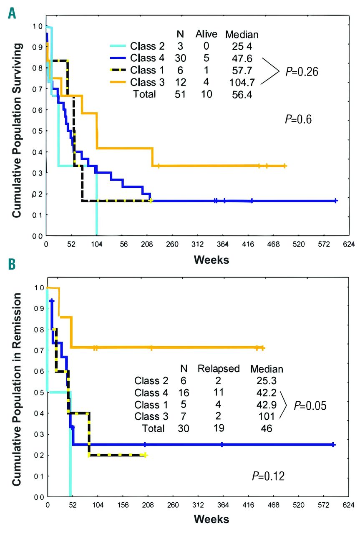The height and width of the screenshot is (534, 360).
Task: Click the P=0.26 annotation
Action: click(x=302, y=71)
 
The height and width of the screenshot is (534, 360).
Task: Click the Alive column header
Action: click(x=205, y=34)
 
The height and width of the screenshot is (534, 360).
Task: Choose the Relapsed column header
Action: click(x=219, y=369)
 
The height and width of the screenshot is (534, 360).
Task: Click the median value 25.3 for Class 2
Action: click(x=266, y=381)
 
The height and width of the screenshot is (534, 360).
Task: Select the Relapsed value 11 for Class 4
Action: click(x=218, y=393)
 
